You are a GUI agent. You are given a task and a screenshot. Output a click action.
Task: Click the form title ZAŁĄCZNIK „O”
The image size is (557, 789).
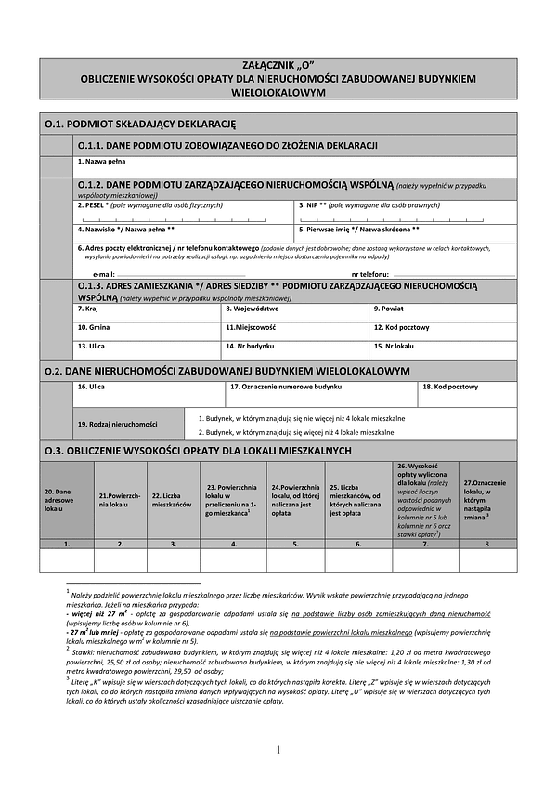(x=278, y=66)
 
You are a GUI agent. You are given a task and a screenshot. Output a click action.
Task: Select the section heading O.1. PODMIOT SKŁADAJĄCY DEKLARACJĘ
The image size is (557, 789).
(x=140, y=123)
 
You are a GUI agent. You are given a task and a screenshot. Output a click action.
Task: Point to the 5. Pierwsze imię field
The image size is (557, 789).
(x=406, y=233)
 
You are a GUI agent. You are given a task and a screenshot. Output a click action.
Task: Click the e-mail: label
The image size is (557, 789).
(x=104, y=275)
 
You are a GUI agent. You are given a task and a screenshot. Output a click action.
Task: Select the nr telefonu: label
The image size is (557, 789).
(x=369, y=275)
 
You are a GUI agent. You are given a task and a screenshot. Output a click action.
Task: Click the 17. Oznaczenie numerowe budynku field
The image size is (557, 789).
(x=322, y=393)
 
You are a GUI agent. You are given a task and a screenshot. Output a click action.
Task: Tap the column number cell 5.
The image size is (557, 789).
(x=295, y=542)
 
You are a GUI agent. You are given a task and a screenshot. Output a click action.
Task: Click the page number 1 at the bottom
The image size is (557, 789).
(x=278, y=749)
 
